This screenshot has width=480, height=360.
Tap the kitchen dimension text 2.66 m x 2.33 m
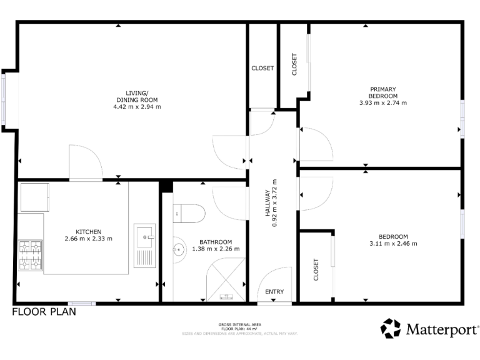[x=88, y=238]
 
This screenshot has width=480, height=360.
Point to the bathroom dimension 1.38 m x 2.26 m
[x=216, y=249]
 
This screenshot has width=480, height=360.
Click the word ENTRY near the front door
[x=274, y=292]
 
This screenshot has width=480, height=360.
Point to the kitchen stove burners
[x=30, y=256]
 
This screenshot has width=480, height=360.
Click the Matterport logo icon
[x=391, y=328]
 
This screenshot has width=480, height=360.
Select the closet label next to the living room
[x=262, y=69]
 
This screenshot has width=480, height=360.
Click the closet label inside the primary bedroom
[x=294, y=64]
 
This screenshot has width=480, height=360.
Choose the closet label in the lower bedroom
[x=316, y=269]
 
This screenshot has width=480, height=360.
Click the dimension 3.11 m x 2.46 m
[x=393, y=244]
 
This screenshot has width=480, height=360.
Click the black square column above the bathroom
[x=166, y=186]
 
